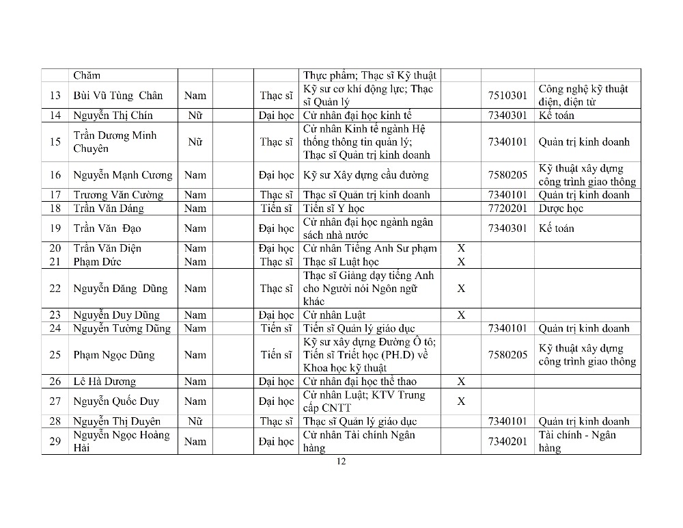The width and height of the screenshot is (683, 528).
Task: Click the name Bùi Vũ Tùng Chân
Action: [117, 96]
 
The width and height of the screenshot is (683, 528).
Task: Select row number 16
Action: [55, 175]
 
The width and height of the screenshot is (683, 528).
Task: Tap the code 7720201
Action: [507, 209]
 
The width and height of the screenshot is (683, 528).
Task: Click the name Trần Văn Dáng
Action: [109, 209]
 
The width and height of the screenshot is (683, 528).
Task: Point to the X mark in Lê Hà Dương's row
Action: [461, 382]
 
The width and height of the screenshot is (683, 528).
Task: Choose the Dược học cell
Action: [561, 209]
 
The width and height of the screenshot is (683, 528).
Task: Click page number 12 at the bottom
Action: [341, 462]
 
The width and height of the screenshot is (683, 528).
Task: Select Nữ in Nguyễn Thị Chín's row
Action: [195, 116]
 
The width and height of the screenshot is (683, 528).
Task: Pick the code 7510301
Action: [507, 96]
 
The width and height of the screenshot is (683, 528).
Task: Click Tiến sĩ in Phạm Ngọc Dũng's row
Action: [277, 355]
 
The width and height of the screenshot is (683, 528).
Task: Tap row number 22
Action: [55, 289]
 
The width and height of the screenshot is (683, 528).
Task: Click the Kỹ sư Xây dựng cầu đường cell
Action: [365, 175]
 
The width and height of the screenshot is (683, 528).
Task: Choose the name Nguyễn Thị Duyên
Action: [117, 421]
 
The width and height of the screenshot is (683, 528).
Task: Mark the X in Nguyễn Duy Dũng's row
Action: [461, 315]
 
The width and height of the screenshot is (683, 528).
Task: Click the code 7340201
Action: [507, 442]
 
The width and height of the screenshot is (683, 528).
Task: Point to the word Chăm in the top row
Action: [87, 75]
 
